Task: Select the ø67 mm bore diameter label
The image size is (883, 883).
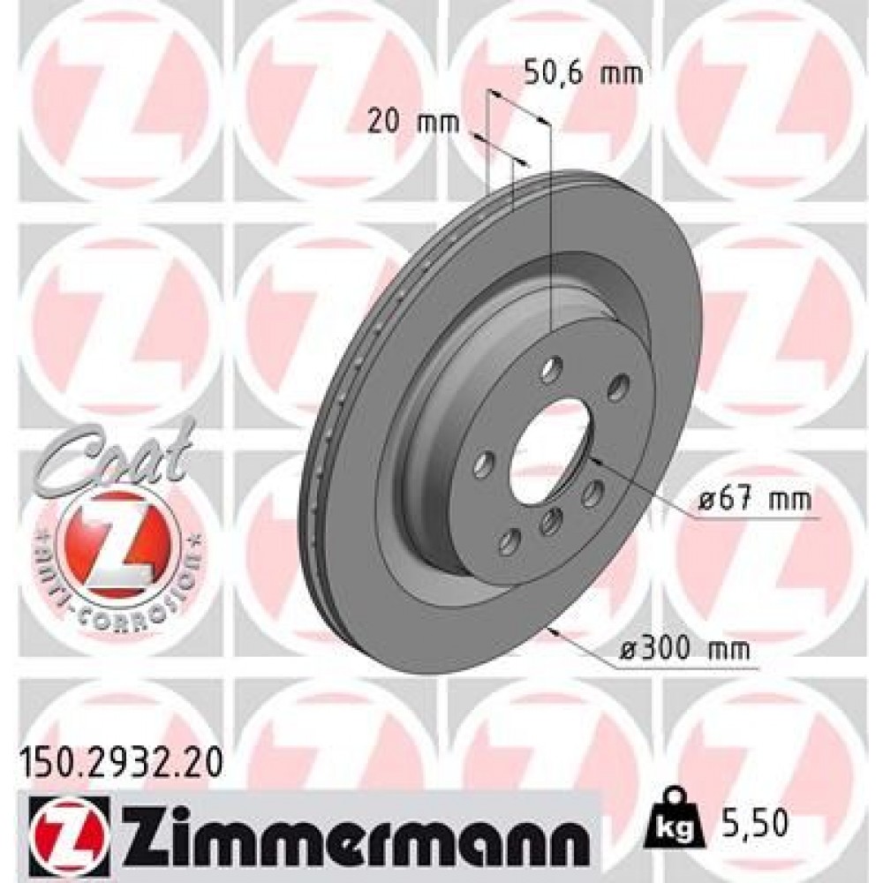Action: point(753,502)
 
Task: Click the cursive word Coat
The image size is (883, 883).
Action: point(115,456)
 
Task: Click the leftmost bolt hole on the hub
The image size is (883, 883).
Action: point(482,463)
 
